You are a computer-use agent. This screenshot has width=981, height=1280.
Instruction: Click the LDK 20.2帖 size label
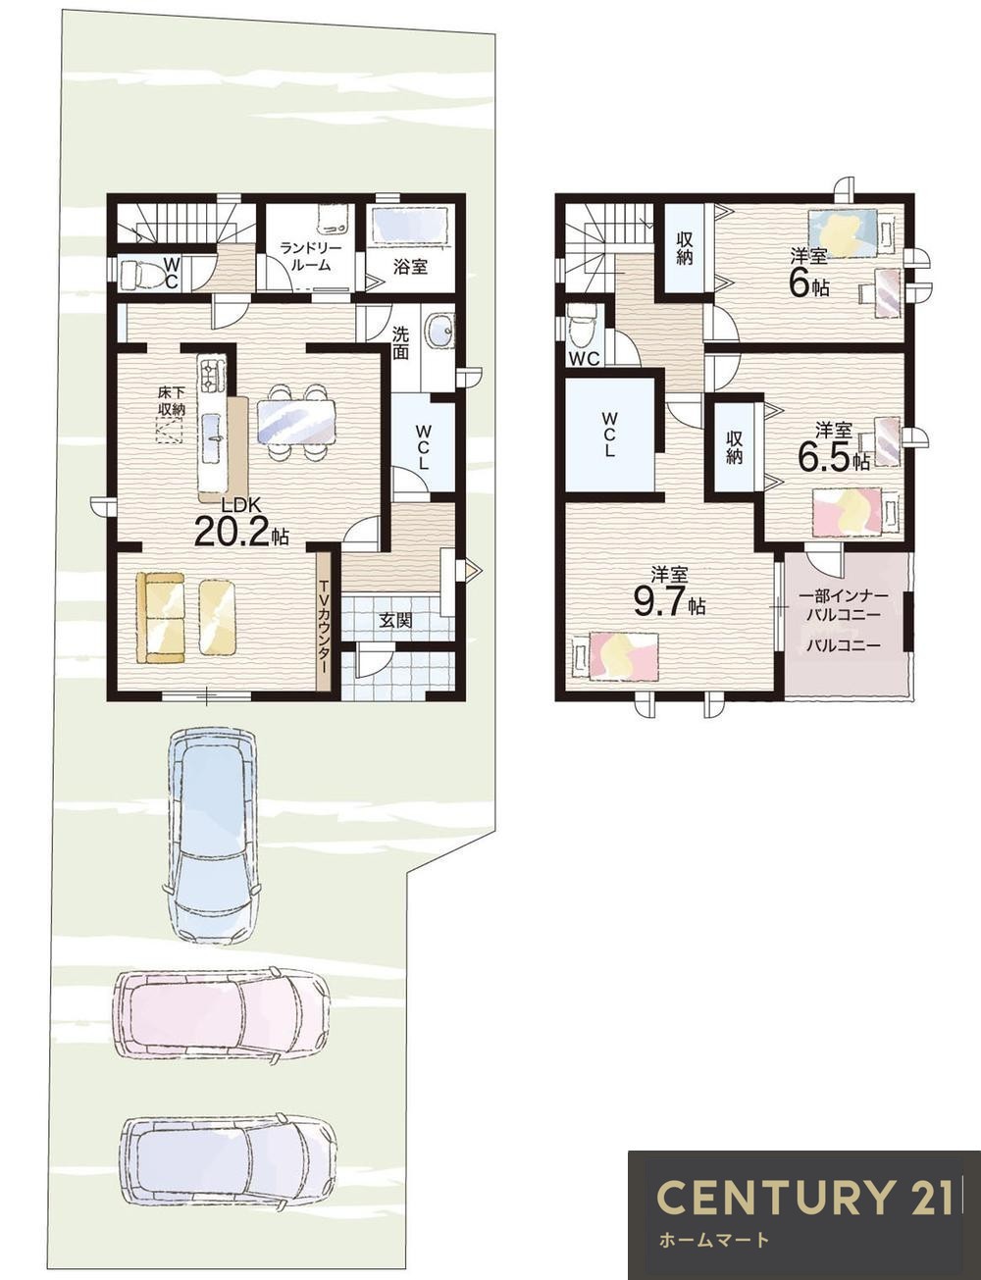click(239, 523)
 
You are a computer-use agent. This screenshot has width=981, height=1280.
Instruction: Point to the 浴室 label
click(410, 266)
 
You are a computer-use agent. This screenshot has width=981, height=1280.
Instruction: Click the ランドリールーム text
click(303, 257)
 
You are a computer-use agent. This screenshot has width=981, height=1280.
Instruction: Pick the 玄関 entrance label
click(395, 620)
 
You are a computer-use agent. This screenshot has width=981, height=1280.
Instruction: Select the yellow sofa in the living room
click(160, 616)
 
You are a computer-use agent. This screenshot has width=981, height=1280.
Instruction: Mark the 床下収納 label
click(171, 401)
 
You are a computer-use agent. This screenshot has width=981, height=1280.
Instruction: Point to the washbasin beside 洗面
click(439, 330)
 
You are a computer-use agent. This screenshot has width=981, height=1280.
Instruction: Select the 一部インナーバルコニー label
click(844, 605)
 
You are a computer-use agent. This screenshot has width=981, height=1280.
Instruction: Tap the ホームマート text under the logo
click(713, 1240)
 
